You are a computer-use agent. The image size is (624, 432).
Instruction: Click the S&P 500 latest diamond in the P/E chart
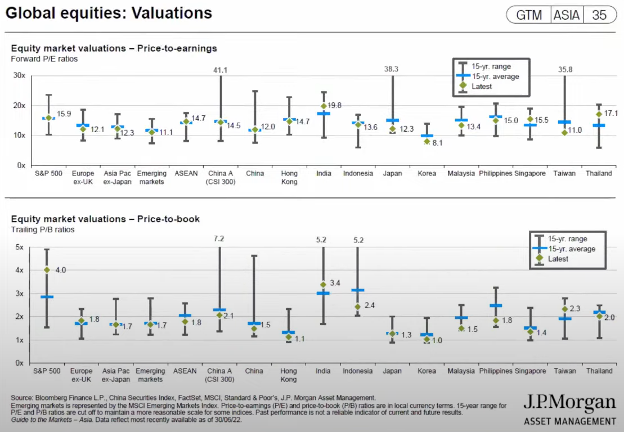48,118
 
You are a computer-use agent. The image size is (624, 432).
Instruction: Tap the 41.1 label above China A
220,70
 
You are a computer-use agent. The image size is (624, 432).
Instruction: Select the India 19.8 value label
336,106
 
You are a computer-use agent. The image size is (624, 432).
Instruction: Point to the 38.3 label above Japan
392,69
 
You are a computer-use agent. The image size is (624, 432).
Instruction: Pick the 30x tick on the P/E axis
19,75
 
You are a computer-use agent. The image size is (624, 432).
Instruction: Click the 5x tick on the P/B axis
19,247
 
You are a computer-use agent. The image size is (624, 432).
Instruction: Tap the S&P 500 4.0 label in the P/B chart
60,270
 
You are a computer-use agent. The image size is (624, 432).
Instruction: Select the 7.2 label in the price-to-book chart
220,239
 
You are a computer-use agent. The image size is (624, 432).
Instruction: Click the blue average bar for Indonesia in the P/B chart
357,290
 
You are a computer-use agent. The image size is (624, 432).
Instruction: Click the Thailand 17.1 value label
610,114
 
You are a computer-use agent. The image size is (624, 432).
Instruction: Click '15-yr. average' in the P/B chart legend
571,249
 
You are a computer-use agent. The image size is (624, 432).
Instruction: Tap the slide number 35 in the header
599,15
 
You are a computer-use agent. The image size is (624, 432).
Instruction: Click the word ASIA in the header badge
566,15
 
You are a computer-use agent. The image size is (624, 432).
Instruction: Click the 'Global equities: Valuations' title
109,13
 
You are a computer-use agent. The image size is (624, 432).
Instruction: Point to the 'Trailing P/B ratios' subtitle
43,229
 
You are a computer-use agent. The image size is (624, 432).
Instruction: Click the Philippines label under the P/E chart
496,174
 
